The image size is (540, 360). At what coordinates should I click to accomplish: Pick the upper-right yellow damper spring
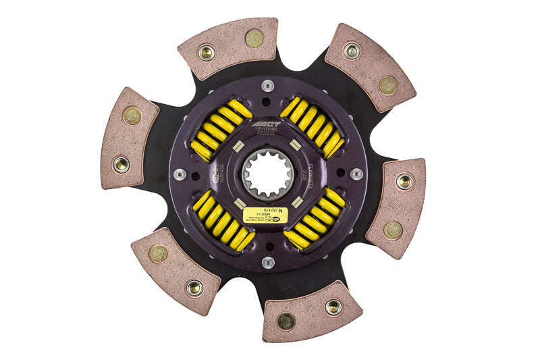click(x=312, y=127)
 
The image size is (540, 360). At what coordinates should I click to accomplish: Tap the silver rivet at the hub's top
click(x=268, y=85)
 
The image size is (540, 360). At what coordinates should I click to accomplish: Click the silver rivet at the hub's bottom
click(x=267, y=262)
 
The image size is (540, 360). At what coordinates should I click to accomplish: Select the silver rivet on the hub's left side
click(x=180, y=174)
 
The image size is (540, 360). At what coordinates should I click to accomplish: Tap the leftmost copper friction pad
click(x=129, y=137)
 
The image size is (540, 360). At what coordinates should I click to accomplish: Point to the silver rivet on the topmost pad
click(x=206, y=52)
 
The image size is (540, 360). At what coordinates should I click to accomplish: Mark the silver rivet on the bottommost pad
click(x=333, y=307)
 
